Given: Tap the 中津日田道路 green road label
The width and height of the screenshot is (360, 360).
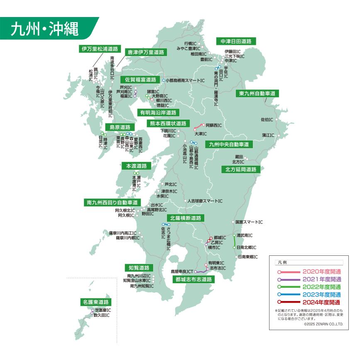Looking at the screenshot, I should tap(236, 41).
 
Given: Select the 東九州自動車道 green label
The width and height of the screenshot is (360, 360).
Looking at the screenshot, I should tap(257, 93).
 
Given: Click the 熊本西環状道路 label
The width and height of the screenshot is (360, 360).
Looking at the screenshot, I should tap(168, 123).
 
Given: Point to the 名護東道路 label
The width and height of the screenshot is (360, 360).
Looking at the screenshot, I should tap(96, 302).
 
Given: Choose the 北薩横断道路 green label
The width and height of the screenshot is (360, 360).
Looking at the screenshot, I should tap(186, 218).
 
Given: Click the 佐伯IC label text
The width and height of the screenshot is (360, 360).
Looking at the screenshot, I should tap(267, 120).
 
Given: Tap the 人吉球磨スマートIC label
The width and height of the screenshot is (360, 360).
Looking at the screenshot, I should tap(205, 201).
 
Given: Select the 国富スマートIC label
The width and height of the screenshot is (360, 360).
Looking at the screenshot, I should tap(249, 222).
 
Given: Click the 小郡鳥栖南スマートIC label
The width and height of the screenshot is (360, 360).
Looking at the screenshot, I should tap(186, 80).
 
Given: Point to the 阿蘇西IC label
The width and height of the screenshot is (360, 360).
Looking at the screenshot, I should tap(214, 125).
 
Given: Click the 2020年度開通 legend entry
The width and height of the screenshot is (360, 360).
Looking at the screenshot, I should tap(321, 272).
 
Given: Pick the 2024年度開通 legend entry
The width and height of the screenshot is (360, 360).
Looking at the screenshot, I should tap(321, 302).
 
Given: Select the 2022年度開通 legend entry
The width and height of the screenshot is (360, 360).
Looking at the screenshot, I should tap(321, 287).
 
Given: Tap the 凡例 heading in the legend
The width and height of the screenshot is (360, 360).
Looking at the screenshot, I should tap(282, 263).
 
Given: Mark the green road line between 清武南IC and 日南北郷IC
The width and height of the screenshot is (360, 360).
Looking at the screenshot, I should tap(234, 241).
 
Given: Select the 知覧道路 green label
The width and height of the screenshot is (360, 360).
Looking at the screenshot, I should tap(139, 267).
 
